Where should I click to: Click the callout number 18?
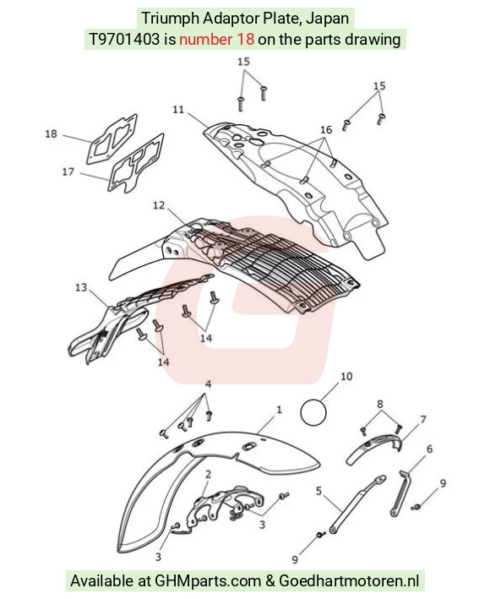click(51, 134)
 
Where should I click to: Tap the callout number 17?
click(68, 172)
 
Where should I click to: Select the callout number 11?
click(178, 110)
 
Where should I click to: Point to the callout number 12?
click(159, 205)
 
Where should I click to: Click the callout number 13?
click(81, 287)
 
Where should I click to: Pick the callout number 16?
click(326, 130)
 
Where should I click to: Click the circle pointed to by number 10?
click(313, 412)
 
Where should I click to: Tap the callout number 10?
click(346, 377)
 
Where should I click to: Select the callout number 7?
click(422, 420)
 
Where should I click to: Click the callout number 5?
click(318, 491)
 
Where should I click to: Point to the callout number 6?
click(430, 449)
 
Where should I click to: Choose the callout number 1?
click(279, 410)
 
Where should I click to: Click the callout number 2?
click(208, 475)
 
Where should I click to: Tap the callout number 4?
click(208, 384)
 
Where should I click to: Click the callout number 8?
click(380, 404)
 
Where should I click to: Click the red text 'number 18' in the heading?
click(216, 40)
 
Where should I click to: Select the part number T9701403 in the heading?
click(124, 40)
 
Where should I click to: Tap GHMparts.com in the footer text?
click(208, 581)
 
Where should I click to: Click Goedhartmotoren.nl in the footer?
click(349, 581)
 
